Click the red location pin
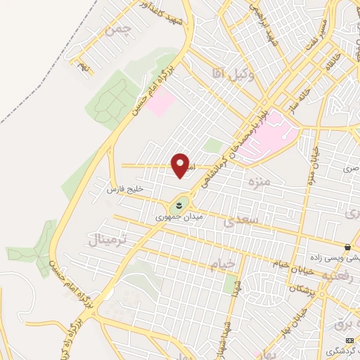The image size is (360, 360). pyautogui.click(x=181, y=165)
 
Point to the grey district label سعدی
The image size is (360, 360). pyautogui.click(x=241, y=221)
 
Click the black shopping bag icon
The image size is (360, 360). pyautogui.click(x=347, y=246)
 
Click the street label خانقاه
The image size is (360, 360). pyautogui.click(x=331, y=63)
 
